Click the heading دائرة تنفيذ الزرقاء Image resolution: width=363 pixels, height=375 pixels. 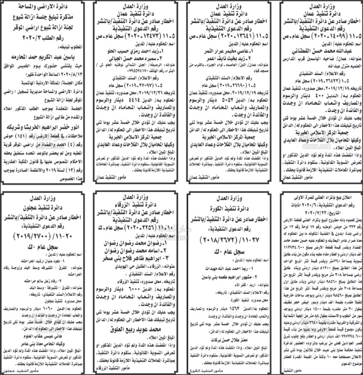(x=137, y=205)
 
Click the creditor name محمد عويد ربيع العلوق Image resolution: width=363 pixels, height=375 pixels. (x=136, y=330)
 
